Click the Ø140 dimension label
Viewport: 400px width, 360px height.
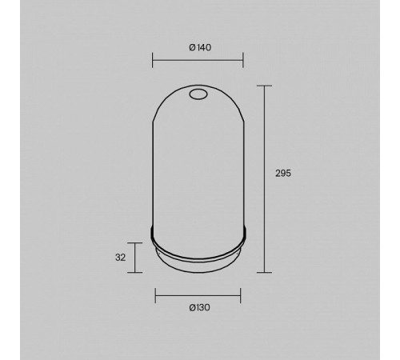pyautogui.click(x=200, y=47)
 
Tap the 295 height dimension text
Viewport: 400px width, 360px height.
pyautogui.click(x=283, y=174)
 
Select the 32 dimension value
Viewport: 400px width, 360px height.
pyautogui.click(x=120, y=258)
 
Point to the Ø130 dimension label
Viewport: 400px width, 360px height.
pyautogui.click(x=199, y=307)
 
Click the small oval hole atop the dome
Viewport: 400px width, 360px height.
pyautogui.click(x=198, y=94)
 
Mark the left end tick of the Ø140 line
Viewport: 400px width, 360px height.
pyautogui.click(x=152, y=60)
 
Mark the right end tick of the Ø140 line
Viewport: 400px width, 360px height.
pyautogui.click(x=243, y=60)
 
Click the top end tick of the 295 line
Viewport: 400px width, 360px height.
pyautogui.click(x=264, y=86)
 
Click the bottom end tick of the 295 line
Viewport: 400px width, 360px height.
pyautogui.click(x=264, y=273)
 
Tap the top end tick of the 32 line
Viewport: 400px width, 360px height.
pyautogui.click(x=134, y=243)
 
